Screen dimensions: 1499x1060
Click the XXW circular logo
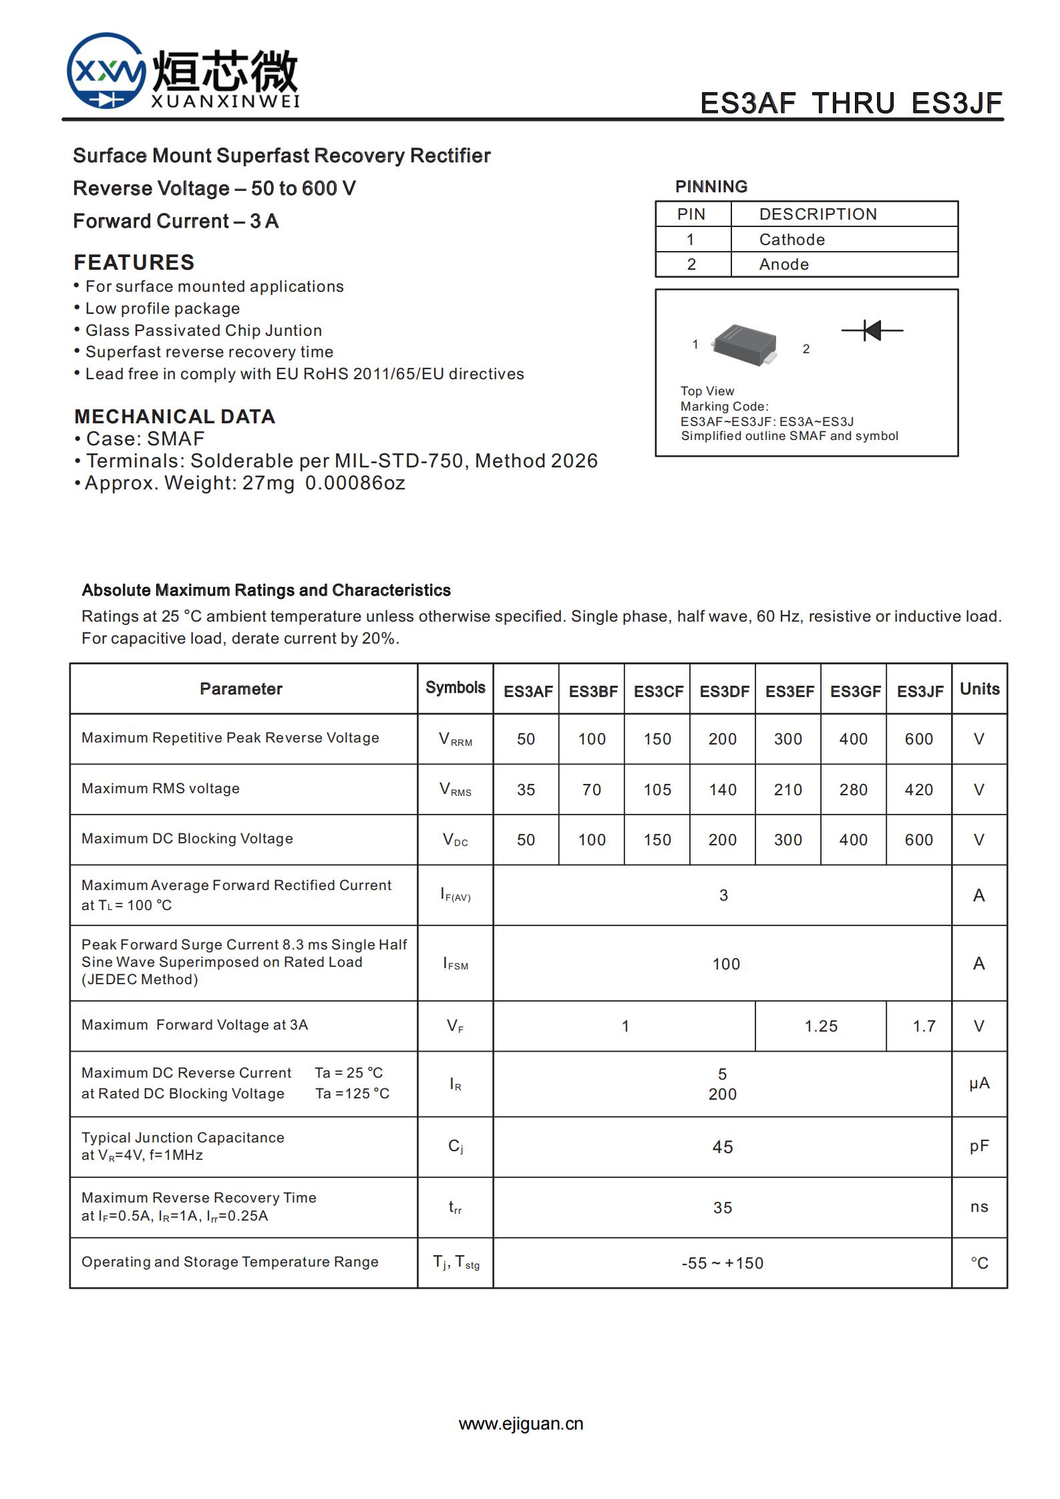[106, 71]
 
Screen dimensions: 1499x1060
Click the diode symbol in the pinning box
[872, 330]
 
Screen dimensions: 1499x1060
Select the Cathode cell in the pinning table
[791, 240]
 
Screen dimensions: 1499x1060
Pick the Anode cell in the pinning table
[783, 264]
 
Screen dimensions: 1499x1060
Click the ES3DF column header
[723, 691]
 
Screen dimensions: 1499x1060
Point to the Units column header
[979, 689]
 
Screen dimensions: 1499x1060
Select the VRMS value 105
[657, 790]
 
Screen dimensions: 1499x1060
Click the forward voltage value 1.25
[821, 1026]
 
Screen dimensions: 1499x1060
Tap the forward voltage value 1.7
[924, 1026]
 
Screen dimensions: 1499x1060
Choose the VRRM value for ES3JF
[919, 739]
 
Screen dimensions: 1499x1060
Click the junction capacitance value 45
[723, 1147]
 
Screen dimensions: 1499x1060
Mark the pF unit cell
[979, 1146]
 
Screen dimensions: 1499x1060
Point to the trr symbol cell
[456, 1207]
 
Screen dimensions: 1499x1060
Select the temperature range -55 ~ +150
[723, 1263]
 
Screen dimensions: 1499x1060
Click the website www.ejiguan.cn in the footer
[521, 1424]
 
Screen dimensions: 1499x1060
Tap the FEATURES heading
[134, 262]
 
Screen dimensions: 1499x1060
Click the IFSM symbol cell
[456, 963]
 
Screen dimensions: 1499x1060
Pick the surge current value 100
[726, 964]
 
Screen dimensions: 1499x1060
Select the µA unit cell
[979, 1083]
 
